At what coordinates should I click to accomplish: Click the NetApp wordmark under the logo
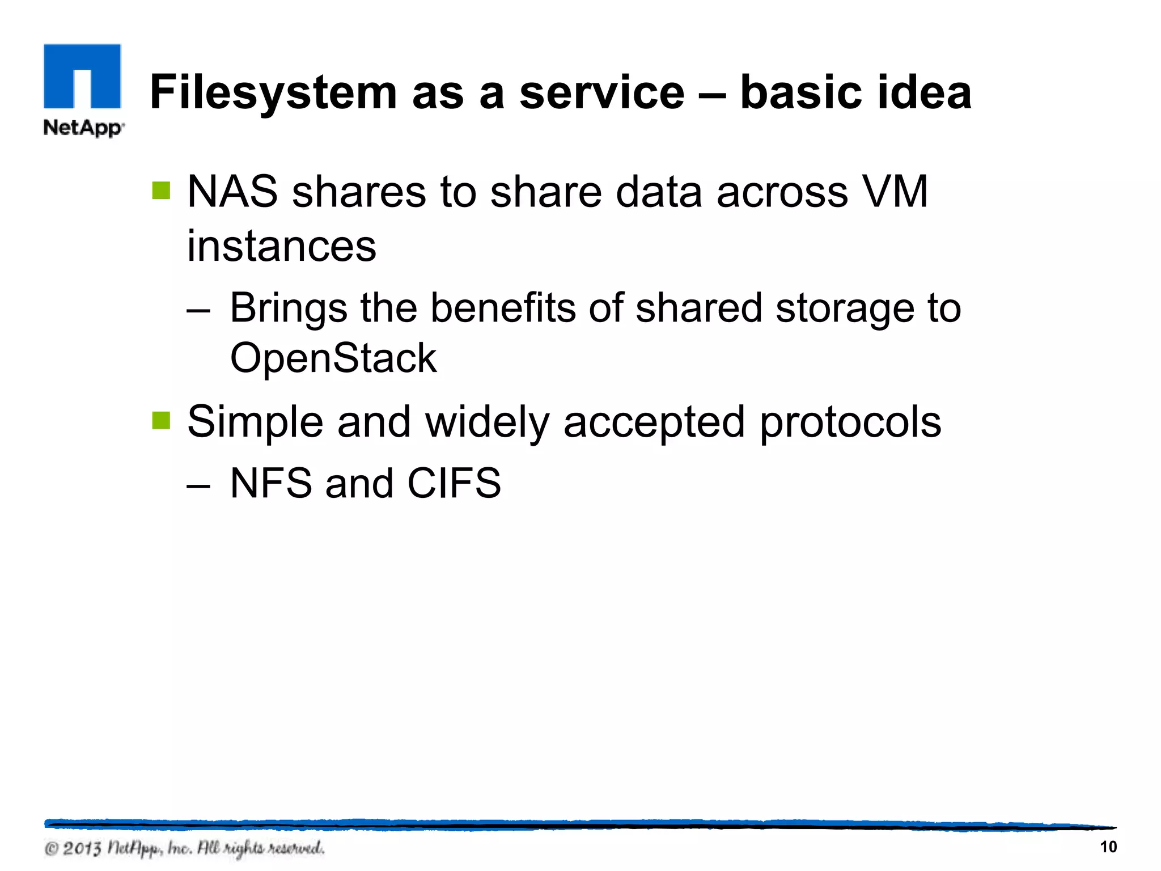click(83, 128)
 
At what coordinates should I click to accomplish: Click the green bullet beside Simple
click(162, 421)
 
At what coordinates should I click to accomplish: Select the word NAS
click(232, 192)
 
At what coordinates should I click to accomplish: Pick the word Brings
click(288, 308)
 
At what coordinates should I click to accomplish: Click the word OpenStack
click(333, 358)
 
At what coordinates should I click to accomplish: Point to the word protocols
click(850, 422)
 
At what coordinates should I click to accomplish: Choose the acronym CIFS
click(454, 483)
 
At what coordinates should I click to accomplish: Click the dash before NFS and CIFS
click(198, 485)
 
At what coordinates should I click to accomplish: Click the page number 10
click(1108, 847)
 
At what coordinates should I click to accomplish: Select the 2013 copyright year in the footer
click(82, 849)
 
